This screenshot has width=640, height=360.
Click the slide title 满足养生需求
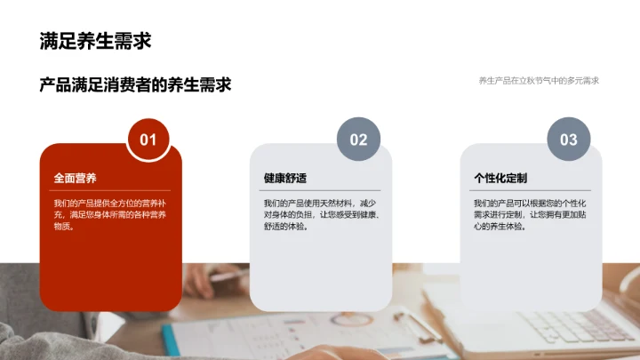tap(95, 41)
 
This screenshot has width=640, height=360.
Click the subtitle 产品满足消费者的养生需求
tap(135, 84)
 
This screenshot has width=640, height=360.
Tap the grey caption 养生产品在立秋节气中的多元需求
tap(539, 80)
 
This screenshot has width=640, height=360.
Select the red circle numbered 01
tap(148, 140)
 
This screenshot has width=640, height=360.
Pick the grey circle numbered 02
tap(358, 140)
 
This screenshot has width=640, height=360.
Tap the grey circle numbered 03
tap(568, 140)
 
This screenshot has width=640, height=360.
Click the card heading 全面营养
tap(75, 178)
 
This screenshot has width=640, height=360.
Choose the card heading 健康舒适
tap(285, 178)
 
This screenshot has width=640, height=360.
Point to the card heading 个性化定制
tap(500, 178)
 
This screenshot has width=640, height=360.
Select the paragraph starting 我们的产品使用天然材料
tap(321, 215)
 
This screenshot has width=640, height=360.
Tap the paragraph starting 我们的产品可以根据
tap(531, 215)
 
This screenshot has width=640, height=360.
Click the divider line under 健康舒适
tap(321, 190)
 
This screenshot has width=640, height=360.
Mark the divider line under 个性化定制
tap(531, 190)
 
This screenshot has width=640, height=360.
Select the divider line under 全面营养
tap(111, 190)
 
